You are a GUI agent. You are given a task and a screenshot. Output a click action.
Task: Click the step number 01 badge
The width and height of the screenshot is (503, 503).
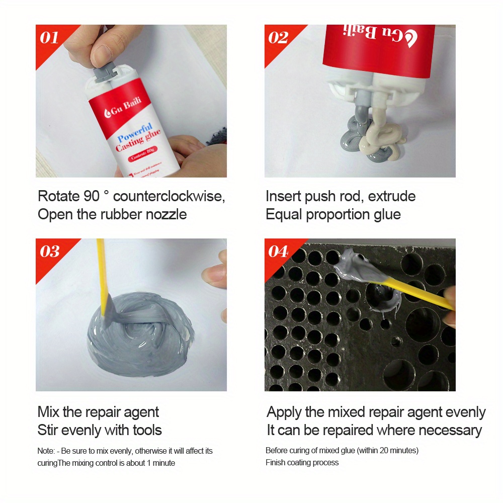[x=49, y=38]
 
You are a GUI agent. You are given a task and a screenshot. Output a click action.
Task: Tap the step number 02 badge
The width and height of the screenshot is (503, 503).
[x=278, y=38]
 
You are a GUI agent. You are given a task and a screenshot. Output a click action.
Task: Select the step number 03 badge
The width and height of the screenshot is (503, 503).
[x=49, y=251]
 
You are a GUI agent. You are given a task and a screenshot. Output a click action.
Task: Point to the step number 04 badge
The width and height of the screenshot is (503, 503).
[x=279, y=251]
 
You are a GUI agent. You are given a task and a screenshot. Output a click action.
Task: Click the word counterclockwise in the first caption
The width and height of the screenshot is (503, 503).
[x=169, y=196]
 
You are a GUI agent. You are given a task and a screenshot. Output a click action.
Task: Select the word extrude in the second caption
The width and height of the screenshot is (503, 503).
[x=392, y=196]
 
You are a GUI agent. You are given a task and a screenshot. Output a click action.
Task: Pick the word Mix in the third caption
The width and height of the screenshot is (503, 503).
[x=48, y=412]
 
